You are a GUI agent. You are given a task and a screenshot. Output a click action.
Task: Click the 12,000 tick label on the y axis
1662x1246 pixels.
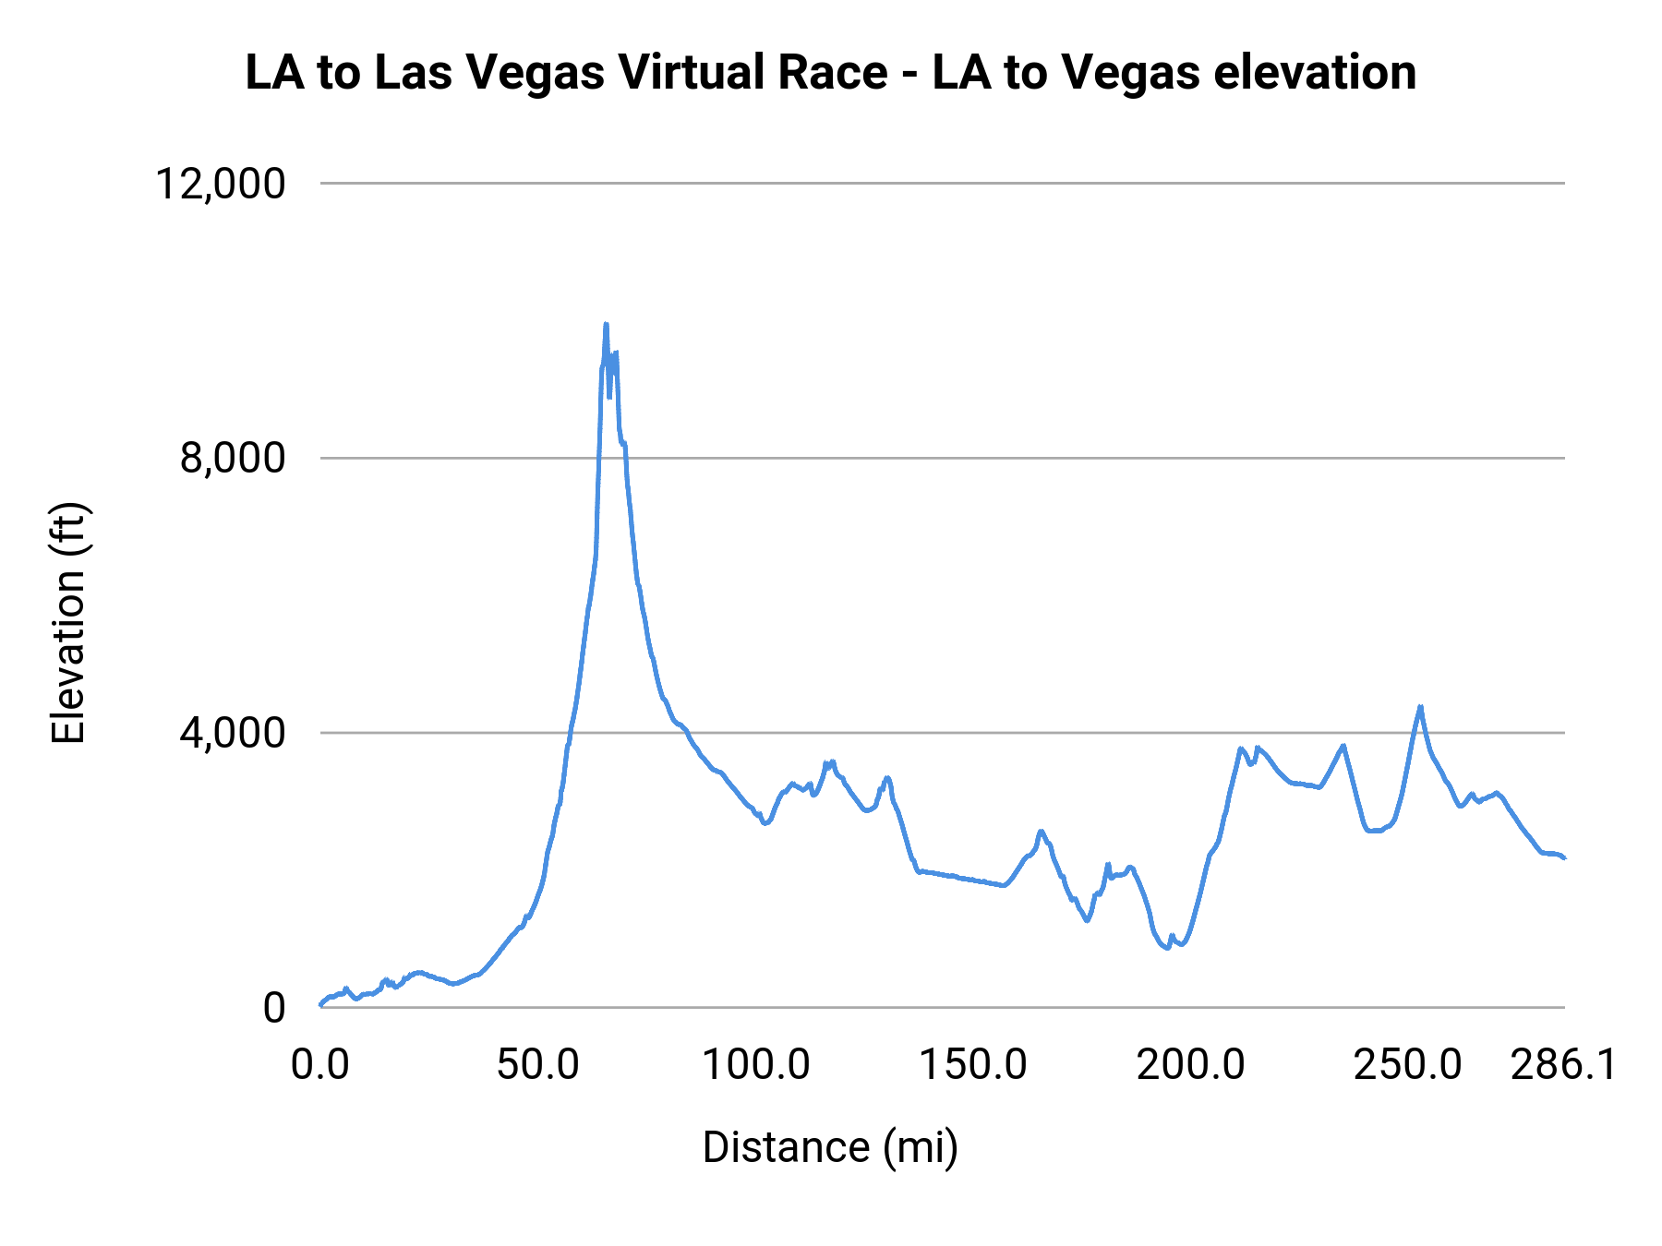(220, 184)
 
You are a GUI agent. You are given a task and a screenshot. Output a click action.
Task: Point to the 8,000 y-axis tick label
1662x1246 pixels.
(232, 458)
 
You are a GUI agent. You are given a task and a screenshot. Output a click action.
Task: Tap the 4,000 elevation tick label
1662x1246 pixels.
(232, 733)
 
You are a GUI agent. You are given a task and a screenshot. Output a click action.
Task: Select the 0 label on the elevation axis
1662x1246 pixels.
(273, 1008)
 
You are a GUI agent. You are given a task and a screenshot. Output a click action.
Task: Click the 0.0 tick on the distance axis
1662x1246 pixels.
(319, 1065)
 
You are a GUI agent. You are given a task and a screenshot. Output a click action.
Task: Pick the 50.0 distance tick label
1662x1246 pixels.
(537, 1065)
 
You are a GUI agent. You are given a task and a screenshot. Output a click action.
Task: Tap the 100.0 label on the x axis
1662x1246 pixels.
(755, 1065)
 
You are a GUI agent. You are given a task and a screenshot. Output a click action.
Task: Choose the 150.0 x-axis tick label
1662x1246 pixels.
(972, 1065)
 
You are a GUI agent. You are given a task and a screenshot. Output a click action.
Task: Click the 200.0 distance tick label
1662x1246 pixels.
(1190, 1065)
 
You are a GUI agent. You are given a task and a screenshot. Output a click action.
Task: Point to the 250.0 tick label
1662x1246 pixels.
(1407, 1065)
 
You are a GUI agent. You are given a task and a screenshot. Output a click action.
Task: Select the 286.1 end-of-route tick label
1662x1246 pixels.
(1563, 1065)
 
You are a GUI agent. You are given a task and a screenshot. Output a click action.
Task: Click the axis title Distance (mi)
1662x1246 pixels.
(830, 1147)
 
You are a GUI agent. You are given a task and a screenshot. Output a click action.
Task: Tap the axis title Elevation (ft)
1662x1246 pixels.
(68, 623)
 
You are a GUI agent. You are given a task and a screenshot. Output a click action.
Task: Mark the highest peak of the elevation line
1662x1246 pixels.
(606, 324)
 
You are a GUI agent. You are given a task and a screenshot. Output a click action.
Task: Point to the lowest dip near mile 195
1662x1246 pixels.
(1167, 948)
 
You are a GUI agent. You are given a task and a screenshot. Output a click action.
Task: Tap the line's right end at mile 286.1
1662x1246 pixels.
(1564, 858)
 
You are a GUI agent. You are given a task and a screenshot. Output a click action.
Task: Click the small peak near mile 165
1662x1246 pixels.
(1041, 831)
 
